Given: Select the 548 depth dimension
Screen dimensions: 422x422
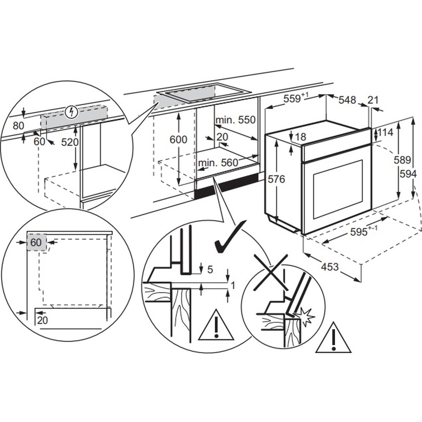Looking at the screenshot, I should coord(347,100).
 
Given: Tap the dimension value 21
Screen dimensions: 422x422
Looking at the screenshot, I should coord(373,100).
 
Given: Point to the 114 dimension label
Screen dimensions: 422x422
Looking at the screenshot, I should coord(385,133).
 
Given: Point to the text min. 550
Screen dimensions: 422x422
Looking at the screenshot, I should coord(236,120).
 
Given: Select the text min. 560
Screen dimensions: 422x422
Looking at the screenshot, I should coord(217,162).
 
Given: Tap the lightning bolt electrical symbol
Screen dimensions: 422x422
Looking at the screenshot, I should coord(73,112).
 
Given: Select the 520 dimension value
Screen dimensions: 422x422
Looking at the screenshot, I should coord(70,142).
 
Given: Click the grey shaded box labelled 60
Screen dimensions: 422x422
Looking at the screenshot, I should coord(36,243).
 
